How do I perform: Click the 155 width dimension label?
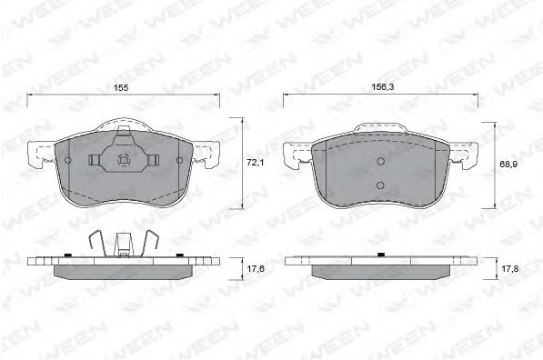[x=121, y=88]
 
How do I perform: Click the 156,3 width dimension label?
[x=383, y=87]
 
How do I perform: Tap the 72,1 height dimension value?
[x=255, y=162]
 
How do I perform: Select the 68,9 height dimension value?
[x=508, y=165]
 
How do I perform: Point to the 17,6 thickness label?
[x=255, y=268]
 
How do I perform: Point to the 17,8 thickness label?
[x=509, y=268]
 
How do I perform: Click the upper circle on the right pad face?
[x=380, y=161]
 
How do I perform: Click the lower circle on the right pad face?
[x=380, y=185]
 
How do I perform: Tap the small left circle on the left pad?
[x=68, y=160]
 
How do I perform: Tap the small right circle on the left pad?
[x=179, y=160]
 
